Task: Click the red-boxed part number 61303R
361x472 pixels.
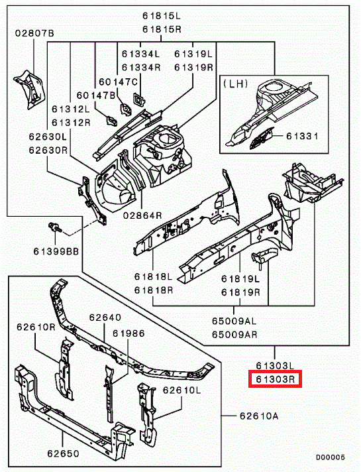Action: pos(274,380)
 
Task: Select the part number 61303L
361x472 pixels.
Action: pos(274,365)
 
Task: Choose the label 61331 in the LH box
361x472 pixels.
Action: pos(303,137)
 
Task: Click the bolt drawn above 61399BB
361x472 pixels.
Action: pos(56,229)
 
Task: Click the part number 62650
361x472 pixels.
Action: pos(62,454)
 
